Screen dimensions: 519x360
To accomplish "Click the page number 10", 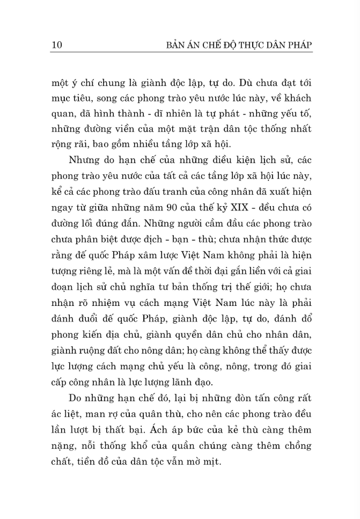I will (x=57, y=45).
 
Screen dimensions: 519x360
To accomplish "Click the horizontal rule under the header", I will (x=180, y=53).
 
